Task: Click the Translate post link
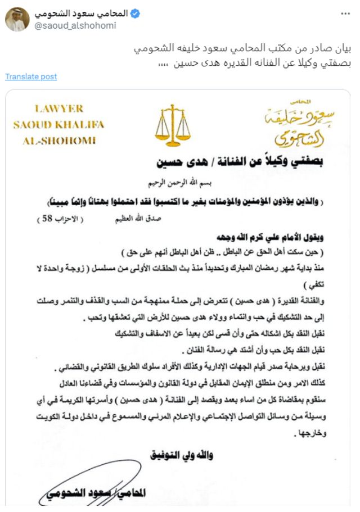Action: click(x=31, y=76)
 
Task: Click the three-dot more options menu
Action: click(x=345, y=12)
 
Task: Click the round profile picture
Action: click(x=15, y=19)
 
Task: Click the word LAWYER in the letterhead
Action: click(x=58, y=108)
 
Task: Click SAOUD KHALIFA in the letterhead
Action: click(x=58, y=124)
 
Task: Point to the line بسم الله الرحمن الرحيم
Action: click(x=188, y=183)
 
